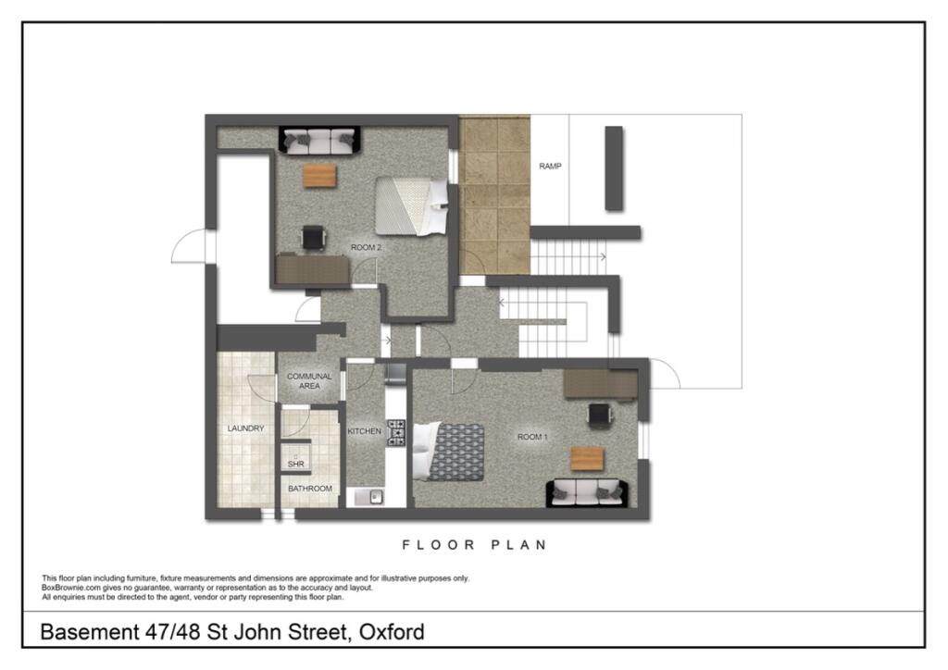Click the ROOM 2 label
tap(366, 247)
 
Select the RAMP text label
tap(551, 167)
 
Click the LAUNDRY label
tap(246, 428)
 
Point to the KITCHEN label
tap(365, 431)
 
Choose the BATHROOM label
tap(309, 489)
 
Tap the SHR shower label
tap(295, 463)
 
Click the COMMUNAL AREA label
tap(309, 381)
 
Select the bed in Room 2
tap(410, 205)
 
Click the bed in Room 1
tap(451, 452)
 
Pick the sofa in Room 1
tap(588, 491)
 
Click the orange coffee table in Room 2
tap(319, 175)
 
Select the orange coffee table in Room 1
tap(586, 457)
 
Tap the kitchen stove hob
tap(396, 433)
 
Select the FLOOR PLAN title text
tap(474, 545)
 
